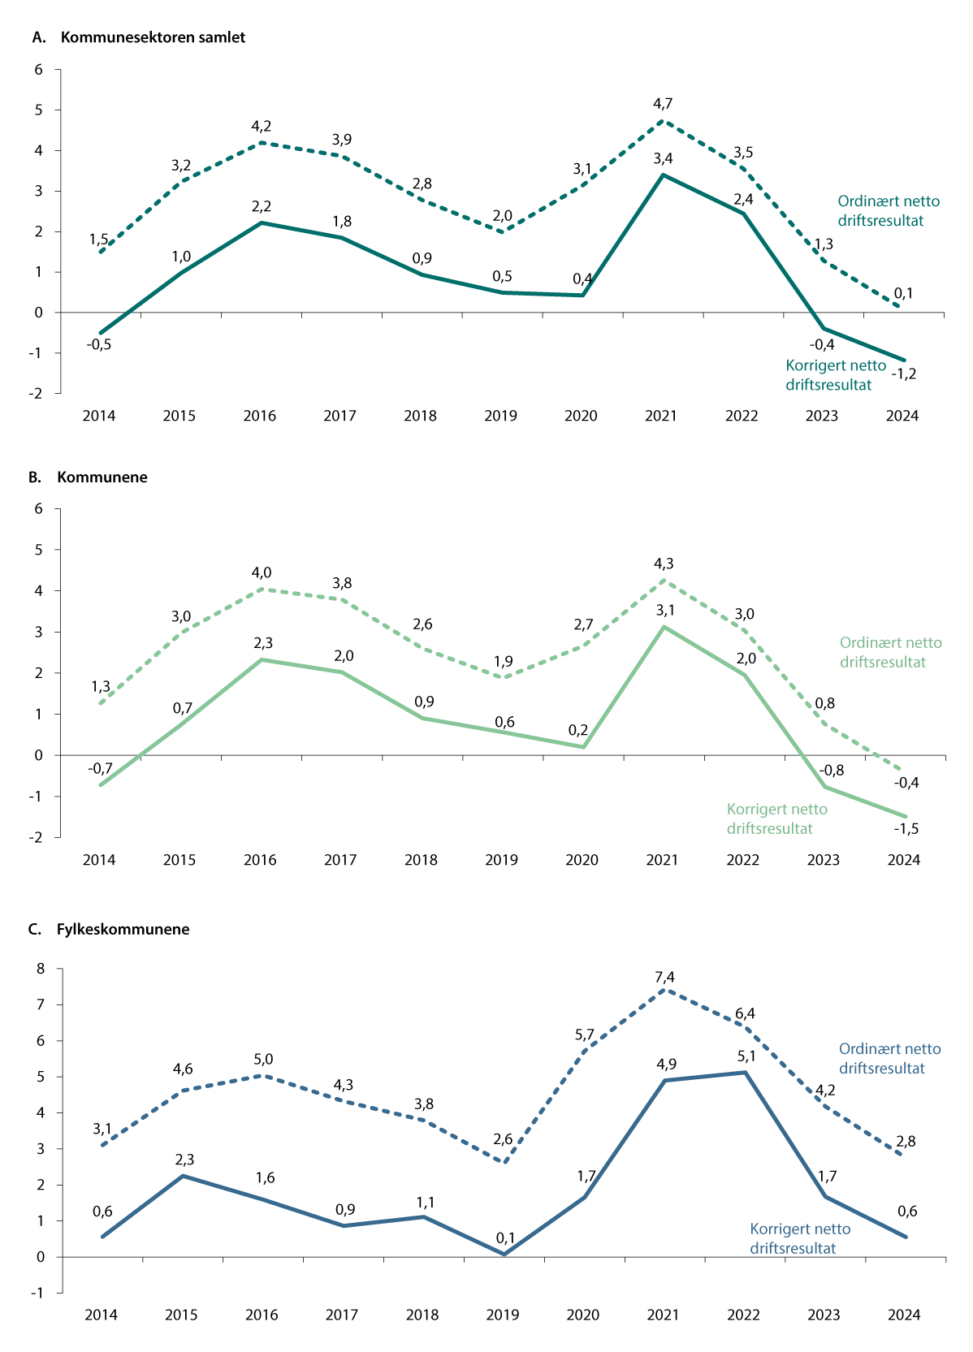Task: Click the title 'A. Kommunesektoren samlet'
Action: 137,37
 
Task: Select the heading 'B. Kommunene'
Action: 89,477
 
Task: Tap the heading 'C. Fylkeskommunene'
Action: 109,929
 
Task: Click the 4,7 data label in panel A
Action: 663,103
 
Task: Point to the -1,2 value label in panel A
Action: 903,374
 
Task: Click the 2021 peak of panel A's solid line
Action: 663,175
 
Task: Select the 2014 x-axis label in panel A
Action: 99,416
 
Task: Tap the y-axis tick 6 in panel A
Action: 38,70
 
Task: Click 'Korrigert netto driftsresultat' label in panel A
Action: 836,375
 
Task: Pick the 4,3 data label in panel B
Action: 663,563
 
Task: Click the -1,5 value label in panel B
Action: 906,828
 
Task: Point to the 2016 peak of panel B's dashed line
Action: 262,589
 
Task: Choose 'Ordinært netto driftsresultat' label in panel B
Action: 890,652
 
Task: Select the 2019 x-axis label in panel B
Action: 501,860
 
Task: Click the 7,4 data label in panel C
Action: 664,977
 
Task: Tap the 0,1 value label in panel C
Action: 505,1238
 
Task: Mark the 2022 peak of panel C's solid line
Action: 744,1073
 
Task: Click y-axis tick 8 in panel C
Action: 38,969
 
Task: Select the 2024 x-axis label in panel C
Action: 904,1315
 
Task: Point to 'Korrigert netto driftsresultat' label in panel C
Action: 800,1238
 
